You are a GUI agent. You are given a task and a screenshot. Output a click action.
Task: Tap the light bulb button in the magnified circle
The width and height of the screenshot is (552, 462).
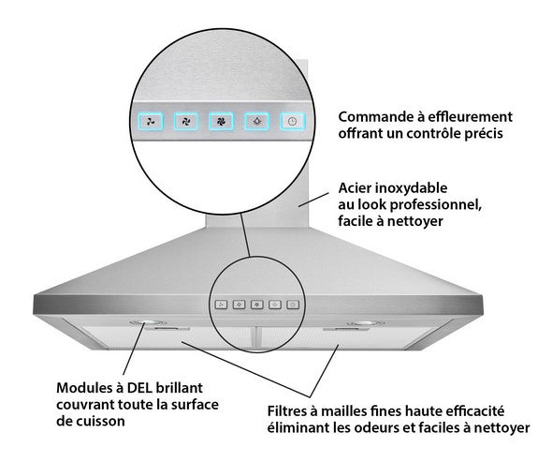(257, 122)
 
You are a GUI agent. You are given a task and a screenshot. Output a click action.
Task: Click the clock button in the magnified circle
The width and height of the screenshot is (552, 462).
(293, 122)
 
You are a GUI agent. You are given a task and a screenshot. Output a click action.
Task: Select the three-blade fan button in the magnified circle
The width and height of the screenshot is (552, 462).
(151, 122)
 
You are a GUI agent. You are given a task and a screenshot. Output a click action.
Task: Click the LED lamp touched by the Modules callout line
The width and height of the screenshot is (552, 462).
(148, 322)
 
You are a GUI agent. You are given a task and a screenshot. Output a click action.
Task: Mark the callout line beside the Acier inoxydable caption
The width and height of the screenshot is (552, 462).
(313, 200)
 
